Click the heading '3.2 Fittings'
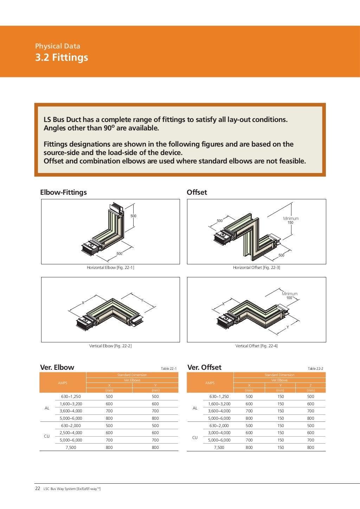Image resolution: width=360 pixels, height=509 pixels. [62, 57]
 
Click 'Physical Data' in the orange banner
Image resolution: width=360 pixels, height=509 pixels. [58, 46]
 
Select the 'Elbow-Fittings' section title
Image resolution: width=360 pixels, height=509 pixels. [63, 192]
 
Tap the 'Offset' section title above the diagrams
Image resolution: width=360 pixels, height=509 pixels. [197, 192]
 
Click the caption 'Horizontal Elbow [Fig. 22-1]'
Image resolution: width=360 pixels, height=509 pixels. [110, 268]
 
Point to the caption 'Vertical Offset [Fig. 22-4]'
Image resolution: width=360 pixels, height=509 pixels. [256, 346]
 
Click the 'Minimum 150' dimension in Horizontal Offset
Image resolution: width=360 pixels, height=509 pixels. [291, 220]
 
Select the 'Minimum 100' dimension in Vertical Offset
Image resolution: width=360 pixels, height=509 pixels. [289, 296]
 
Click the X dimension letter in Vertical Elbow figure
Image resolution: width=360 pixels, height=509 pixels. [83, 303]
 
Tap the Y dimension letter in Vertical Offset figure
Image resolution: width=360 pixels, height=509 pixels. [288, 327]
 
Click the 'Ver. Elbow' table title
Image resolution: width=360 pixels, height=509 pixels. [57, 367]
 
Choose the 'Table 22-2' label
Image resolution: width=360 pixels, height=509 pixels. [315, 368]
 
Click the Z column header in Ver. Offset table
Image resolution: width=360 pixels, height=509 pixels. [310, 385]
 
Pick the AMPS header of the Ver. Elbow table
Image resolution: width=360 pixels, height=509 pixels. [63, 383]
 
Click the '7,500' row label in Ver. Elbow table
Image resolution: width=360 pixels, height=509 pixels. [71, 447]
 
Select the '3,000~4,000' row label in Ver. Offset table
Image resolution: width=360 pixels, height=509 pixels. [219, 433]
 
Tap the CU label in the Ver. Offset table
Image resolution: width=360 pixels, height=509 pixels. [195, 438]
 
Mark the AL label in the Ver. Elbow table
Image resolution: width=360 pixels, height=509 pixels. [47, 408]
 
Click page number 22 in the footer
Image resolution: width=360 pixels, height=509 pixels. [38, 488]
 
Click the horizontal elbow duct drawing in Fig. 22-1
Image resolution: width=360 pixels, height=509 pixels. [105, 232]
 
